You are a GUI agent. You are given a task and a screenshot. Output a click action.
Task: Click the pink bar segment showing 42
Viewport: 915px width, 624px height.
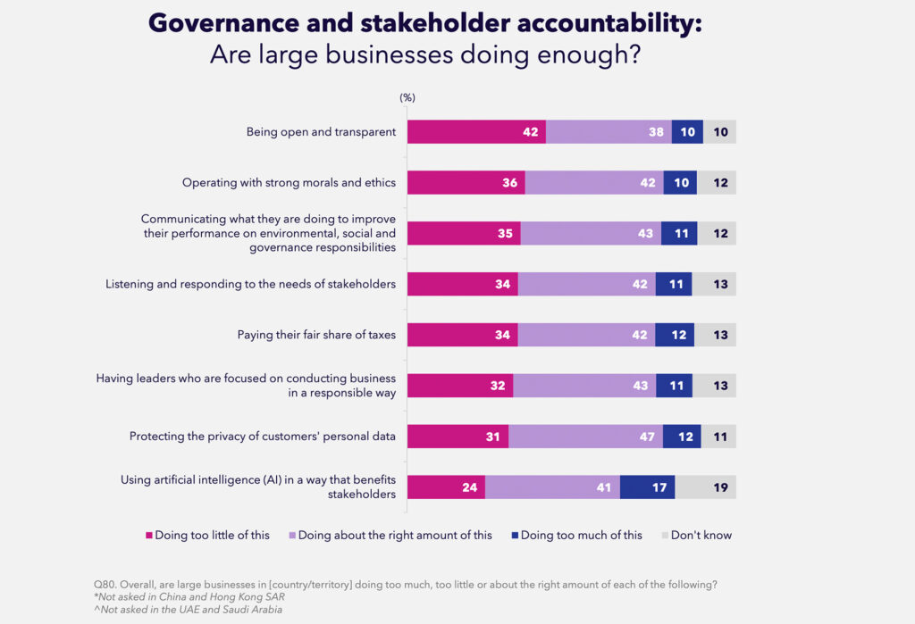point(476,132)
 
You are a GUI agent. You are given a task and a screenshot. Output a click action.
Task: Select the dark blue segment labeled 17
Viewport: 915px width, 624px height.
point(647,487)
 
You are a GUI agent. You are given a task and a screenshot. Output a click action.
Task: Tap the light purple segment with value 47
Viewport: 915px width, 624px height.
point(585,437)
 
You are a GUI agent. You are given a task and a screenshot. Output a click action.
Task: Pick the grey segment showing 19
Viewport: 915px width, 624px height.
point(706,487)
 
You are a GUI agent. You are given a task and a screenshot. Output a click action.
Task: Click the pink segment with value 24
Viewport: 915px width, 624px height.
point(446,487)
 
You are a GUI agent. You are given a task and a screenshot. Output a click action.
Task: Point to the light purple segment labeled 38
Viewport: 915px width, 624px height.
point(609,132)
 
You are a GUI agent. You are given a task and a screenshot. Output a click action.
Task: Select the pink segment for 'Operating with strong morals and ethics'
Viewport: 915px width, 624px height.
point(466,183)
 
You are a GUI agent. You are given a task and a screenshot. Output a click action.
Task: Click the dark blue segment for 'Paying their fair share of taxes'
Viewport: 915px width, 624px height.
point(675,335)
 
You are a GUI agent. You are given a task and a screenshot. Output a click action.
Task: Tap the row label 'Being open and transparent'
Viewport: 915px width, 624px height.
point(321,132)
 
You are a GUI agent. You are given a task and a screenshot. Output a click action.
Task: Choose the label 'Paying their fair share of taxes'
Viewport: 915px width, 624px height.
point(316,335)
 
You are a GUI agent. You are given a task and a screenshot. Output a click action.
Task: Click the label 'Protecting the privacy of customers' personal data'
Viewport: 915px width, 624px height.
point(263,437)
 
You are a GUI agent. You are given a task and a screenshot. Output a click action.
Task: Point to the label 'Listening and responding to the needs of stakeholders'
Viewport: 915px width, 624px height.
point(250,285)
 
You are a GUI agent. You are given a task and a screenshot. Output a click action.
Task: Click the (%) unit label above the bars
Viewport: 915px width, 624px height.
point(407,97)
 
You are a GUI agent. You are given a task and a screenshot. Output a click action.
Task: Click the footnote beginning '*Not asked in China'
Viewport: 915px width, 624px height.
point(184,596)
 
